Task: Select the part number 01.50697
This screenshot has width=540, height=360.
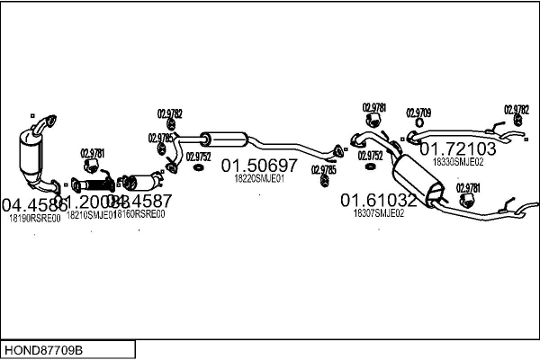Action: point(259,166)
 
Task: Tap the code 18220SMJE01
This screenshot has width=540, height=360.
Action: point(259,179)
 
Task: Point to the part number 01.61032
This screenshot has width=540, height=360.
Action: point(378,199)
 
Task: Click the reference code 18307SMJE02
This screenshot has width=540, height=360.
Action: point(378,213)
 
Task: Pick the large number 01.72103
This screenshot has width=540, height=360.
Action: point(459,148)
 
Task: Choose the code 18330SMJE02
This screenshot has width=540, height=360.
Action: point(458,162)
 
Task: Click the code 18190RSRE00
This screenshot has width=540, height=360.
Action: point(34,218)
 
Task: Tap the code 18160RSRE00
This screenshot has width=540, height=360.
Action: point(139,214)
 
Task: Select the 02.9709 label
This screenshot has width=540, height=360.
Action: point(418,112)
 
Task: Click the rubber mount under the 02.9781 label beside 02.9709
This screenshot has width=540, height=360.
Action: point(373,121)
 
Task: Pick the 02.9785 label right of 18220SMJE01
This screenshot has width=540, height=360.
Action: point(324,169)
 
